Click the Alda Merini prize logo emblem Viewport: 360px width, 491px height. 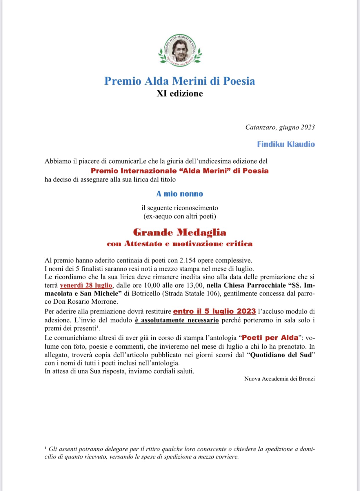point(180,50)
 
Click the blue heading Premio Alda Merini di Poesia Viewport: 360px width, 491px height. point(180,81)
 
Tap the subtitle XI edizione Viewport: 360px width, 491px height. point(180,93)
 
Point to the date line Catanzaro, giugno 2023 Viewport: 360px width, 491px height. point(280,127)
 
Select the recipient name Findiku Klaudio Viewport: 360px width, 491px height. point(286,144)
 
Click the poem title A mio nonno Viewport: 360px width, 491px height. point(180,194)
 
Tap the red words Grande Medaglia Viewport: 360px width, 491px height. point(180,232)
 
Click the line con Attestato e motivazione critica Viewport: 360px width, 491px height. point(180,244)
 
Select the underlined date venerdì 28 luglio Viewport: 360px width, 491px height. point(86,285)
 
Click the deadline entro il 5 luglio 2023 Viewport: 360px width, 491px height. point(214,311)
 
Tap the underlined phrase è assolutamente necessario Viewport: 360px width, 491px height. point(177,320)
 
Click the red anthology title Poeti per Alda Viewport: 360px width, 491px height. point(270,338)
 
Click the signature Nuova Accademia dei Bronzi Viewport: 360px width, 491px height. point(279,379)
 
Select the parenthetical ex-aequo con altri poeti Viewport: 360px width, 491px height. point(180,216)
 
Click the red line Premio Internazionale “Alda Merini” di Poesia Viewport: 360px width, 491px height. point(180,171)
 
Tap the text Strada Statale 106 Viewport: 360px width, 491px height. point(190,293)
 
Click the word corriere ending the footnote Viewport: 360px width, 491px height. point(228,457)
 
